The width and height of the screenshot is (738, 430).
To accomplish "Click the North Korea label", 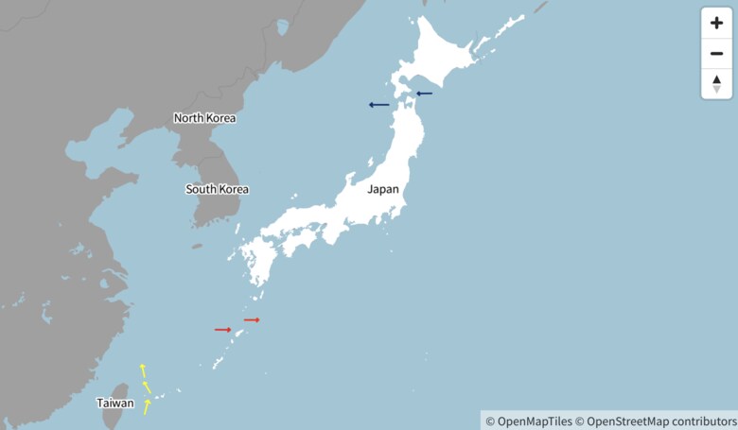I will click(204, 118).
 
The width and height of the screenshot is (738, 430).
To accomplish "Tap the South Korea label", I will click(217, 189).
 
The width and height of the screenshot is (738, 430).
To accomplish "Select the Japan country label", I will click(383, 189).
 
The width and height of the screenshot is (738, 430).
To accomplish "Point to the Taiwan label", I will click(114, 404).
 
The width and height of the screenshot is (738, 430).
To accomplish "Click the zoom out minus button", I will click(716, 53).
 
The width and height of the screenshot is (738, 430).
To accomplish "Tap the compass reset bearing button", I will click(716, 84).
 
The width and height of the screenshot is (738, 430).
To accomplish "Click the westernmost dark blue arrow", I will click(378, 105).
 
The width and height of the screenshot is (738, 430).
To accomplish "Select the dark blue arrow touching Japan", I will click(424, 94).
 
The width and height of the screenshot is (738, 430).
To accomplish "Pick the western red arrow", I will click(222, 330).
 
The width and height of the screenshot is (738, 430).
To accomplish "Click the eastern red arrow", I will click(252, 320).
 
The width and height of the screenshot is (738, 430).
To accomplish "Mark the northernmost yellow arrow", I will click(143, 370).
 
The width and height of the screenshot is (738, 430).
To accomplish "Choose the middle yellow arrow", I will click(147, 387).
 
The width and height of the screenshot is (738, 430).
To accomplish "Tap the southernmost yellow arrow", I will click(147, 407).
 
